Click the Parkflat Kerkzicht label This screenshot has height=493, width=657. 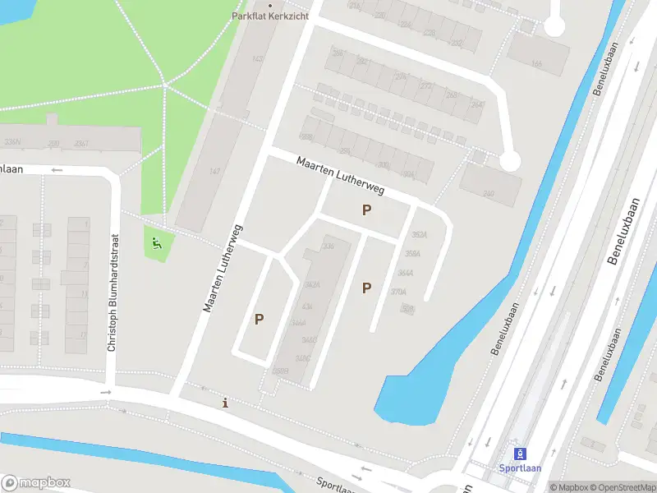270,16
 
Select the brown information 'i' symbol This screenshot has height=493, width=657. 226,403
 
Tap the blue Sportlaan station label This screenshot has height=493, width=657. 519,468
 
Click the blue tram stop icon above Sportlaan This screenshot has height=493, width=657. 519,454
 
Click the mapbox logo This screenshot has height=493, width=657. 36,483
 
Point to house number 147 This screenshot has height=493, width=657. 214,171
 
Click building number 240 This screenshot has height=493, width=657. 489,194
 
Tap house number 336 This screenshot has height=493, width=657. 328,246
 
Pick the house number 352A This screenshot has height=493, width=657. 420,234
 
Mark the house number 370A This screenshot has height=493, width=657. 398,292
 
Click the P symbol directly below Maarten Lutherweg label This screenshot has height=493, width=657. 366,210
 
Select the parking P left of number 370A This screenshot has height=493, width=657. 366,288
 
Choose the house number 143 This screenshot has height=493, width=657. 257,59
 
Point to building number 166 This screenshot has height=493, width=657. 536,63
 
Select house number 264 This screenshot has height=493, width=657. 476,104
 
